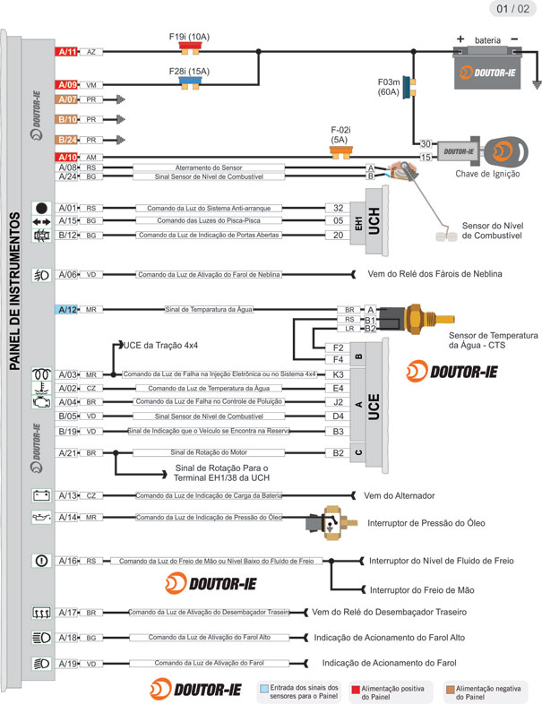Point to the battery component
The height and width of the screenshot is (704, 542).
[486, 70]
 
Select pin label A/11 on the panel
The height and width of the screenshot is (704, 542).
[68, 53]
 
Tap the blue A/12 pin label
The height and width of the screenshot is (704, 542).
[68, 309]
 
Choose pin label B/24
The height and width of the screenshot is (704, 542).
[68, 140]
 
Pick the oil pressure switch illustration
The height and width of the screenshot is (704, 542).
[331, 524]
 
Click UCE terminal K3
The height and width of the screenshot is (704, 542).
[338, 374]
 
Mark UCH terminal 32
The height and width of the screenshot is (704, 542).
[338, 208]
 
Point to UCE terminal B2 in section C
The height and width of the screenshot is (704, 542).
[338, 453]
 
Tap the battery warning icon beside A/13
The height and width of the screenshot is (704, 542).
[40, 494]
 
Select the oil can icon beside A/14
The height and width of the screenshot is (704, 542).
[40, 517]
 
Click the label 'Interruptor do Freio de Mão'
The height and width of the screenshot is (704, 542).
[422, 590]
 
